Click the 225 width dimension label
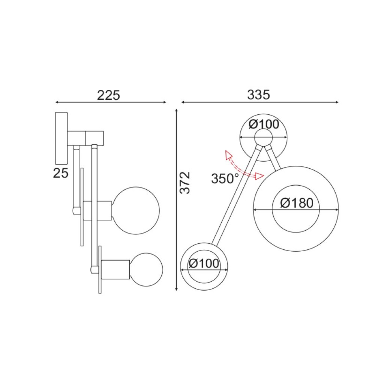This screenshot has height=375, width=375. pyautogui.click(x=108, y=95)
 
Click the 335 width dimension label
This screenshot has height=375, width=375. pyautogui.click(x=258, y=95)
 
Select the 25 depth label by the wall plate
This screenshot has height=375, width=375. pyautogui.click(x=61, y=173)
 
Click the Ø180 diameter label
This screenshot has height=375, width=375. pyautogui.click(x=296, y=203)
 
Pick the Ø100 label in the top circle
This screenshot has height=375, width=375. pyautogui.click(x=264, y=124)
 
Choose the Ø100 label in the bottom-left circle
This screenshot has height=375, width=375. pyautogui.click(x=204, y=264)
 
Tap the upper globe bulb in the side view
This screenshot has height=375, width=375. pyautogui.click(x=136, y=209)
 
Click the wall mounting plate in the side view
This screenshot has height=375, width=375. pyautogui.click(x=61, y=138)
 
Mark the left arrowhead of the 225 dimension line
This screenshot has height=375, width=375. pyautogui.click(x=57, y=102)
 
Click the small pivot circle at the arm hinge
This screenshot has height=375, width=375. pyautogui.click(x=264, y=137)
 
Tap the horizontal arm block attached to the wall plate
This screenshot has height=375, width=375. pyautogui.click(x=86, y=138)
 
